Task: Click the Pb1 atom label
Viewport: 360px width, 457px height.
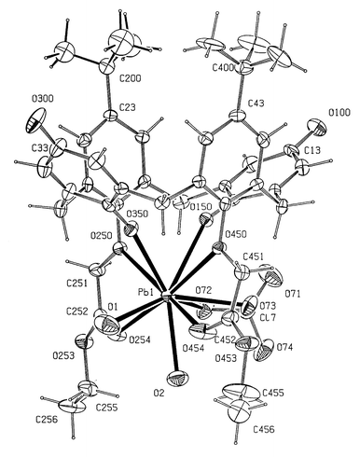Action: coord(146,292)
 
